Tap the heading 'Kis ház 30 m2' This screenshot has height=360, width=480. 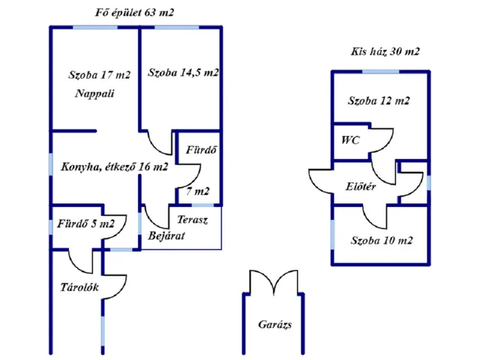point(385,52)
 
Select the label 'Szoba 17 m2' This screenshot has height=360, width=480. point(99,75)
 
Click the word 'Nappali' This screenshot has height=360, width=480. point(94,94)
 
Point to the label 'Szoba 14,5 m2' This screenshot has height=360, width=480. point(183,73)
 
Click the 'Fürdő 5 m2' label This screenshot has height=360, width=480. point(85,223)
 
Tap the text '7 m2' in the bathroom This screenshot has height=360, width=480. point(198,191)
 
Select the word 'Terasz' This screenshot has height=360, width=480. point(192,220)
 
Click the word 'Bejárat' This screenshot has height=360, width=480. point(166,236)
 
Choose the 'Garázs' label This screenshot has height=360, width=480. point(274,325)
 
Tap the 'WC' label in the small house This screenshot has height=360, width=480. point(350,140)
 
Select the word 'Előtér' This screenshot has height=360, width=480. point(361,185)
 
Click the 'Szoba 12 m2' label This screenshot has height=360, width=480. point(379,100)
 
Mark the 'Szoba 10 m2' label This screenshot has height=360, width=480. point(382,241)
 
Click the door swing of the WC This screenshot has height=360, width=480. point(382,140)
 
